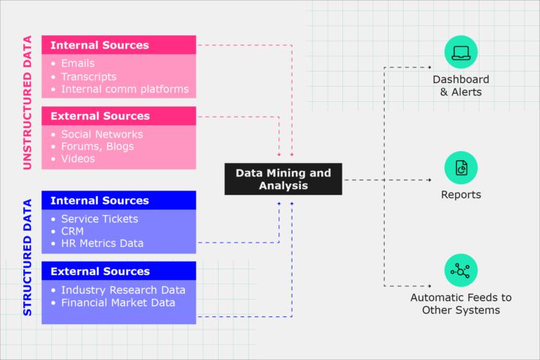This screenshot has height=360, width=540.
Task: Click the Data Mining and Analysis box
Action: pos(283,179)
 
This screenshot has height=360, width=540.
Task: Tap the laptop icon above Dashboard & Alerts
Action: pos(461,52)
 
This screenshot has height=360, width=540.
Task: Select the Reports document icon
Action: pos(461,168)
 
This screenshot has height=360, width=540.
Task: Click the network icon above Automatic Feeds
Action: pos(461,270)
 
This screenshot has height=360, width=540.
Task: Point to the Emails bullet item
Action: pos(77,63)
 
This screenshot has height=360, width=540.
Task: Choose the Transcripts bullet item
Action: pos(89,77)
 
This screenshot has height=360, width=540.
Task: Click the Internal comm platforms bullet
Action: pos(124,89)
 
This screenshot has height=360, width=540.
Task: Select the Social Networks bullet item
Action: pos(102,134)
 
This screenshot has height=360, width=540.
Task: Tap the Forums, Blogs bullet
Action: pos(97,146)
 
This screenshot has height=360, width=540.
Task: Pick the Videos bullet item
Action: pos(77,159)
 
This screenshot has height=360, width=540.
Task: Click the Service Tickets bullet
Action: pos(99,219)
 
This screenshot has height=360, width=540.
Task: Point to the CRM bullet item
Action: pos(72,231)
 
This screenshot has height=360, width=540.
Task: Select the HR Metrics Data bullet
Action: pos(102,243)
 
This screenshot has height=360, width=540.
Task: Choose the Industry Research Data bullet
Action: pos(123,290)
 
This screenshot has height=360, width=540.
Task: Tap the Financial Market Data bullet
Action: pos(117,302)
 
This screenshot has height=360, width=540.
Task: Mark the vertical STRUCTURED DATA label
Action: pos(27,257)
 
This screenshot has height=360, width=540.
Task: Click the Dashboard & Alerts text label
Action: pos(461,86)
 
